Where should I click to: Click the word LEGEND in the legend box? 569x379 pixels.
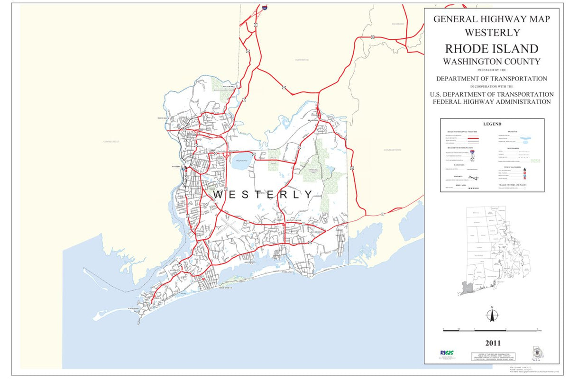pos(492,124)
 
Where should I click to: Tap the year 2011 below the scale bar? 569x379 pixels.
pos(492,343)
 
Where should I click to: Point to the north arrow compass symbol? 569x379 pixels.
pos(492,315)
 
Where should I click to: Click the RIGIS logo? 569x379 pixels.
pos(447,353)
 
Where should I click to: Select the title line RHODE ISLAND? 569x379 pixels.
pos(492,49)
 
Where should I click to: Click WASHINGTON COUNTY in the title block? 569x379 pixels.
pos(492,61)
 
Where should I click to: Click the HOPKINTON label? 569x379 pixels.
pos(302,60)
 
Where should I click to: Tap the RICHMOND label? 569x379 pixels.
pos(398,24)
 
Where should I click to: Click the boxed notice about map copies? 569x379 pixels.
pos(492,356)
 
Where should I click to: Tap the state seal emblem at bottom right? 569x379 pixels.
pos(536,353)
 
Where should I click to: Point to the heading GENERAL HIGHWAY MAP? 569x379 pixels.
pos(492,19)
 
